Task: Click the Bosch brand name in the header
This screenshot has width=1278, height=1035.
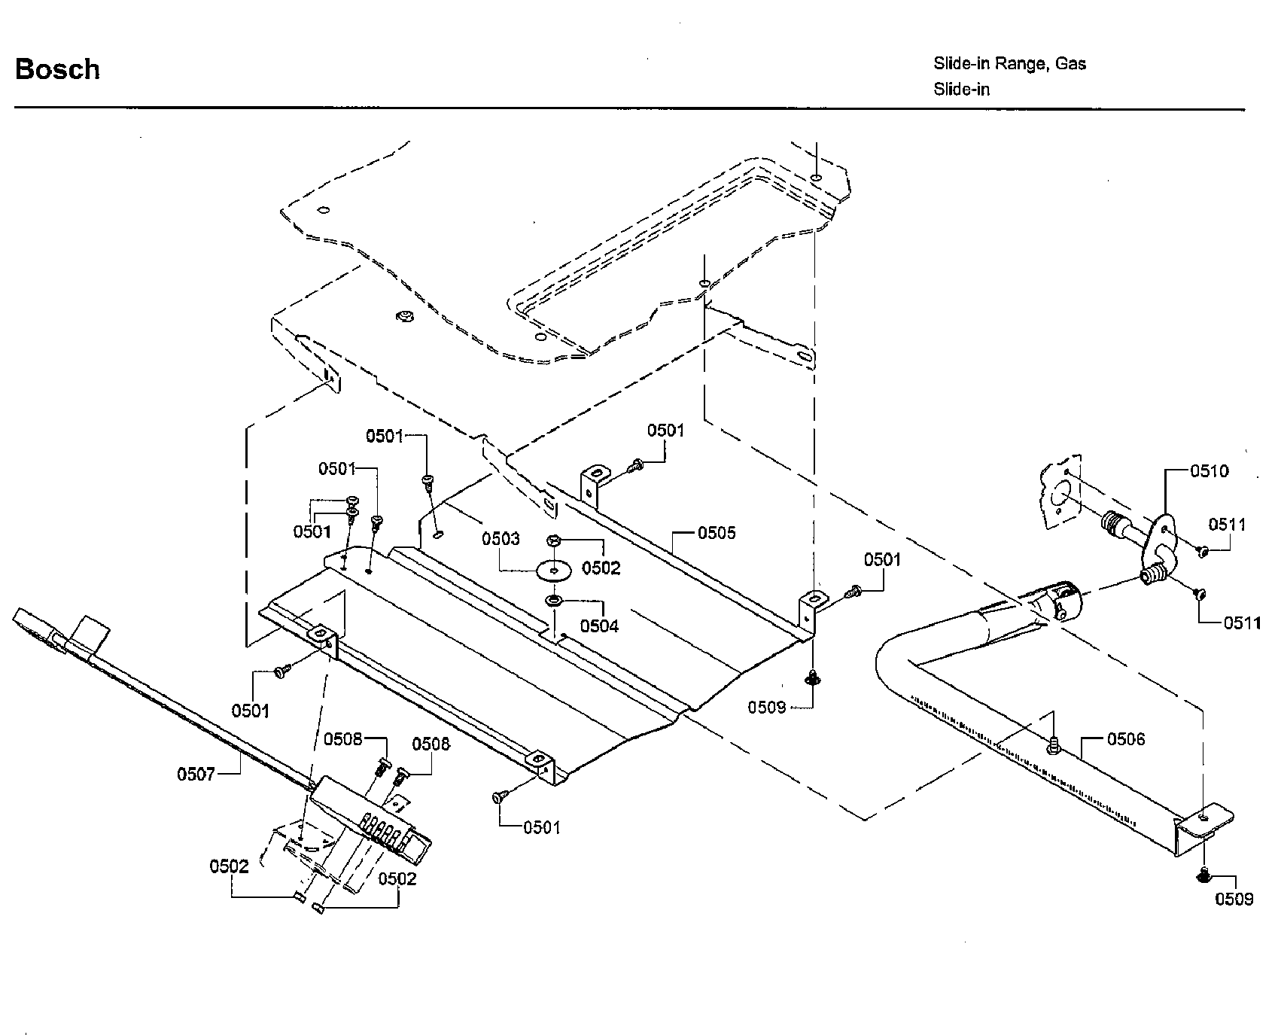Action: (57, 69)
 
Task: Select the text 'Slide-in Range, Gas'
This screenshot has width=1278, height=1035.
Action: (1009, 63)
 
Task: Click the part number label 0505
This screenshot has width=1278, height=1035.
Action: (716, 533)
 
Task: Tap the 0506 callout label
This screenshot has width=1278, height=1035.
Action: (1125, 739)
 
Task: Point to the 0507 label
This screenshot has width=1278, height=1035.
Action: (196, 773)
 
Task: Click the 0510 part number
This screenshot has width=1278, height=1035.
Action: (1209, 471)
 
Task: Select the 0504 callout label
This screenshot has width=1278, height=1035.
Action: (599, 626)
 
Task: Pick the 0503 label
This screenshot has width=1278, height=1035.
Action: (501, 539)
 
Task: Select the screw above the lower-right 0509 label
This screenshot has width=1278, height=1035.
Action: (1202, 875)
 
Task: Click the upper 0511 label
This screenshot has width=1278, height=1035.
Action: (1228, 525)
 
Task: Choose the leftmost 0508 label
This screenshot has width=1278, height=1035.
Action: (343, 739)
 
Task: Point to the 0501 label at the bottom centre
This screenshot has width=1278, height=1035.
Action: (542, 828)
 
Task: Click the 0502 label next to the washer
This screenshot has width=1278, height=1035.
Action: (601, 568)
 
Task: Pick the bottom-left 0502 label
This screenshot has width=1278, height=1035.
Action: (229, 867)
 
